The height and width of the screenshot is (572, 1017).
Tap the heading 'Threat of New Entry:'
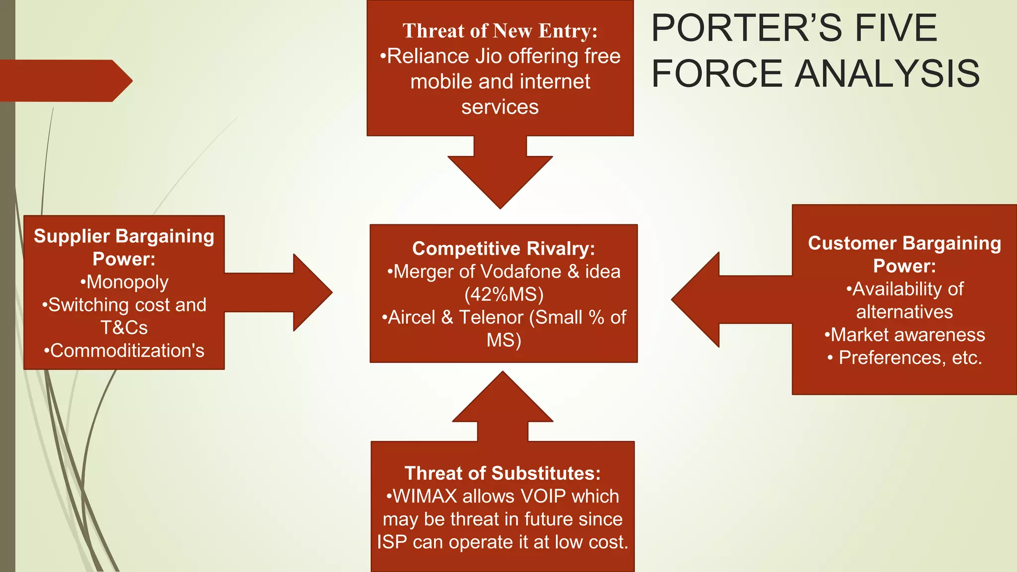(500, 31)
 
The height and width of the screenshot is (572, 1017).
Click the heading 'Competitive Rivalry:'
(504, 248)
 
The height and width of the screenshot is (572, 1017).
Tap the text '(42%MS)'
(504, 294)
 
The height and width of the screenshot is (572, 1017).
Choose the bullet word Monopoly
(127, 282)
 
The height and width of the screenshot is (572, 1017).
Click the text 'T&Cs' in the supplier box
(124, 328)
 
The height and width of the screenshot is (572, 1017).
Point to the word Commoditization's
(127, 351)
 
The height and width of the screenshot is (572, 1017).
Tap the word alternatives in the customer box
(904, 312)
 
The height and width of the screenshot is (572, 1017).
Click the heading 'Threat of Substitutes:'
(503, 473)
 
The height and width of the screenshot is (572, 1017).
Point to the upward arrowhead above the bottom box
(503, 397)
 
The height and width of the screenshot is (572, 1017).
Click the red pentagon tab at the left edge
(65, 81)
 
